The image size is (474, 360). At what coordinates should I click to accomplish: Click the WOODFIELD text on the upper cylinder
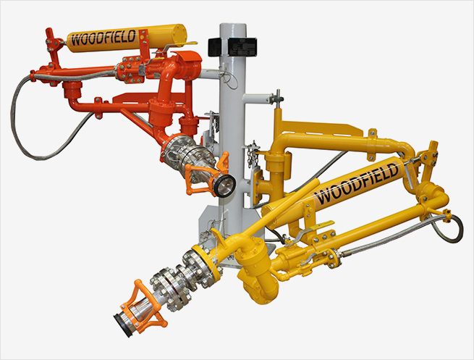pos(103,38)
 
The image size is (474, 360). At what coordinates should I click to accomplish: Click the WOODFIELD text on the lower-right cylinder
pos(357,184)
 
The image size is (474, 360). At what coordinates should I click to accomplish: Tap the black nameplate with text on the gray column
pos(242,47)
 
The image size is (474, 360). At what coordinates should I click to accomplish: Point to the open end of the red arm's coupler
pos(225,185)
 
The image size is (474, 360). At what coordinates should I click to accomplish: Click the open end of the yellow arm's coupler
pos(122,326)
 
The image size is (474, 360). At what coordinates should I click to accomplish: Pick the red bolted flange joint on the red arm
pos(130,70)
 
